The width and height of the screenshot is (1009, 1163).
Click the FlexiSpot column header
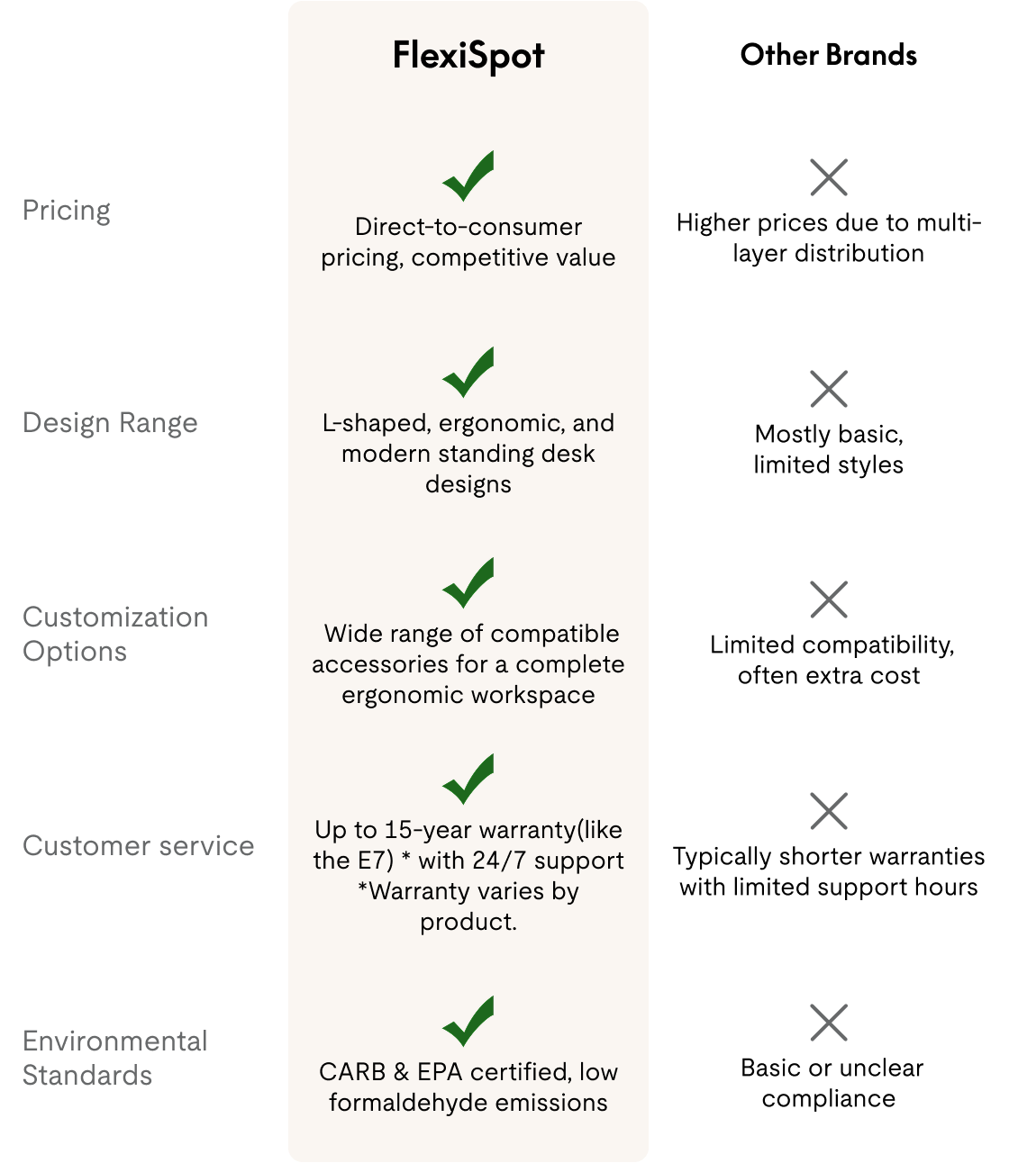[468, 56]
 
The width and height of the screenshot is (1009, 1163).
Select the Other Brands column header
[828, 55]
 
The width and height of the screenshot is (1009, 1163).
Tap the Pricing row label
[67, 211]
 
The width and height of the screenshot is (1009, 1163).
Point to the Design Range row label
[110, 422]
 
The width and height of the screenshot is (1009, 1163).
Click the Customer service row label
[139, 845]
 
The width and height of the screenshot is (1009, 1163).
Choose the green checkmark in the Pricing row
[468, 176]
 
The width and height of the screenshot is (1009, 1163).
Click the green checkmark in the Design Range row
[468, 373]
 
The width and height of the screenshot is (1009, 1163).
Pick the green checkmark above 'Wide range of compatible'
[468, 583]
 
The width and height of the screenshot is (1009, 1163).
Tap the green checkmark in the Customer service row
[468, 780]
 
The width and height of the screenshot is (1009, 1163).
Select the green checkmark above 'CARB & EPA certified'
[468, 1021]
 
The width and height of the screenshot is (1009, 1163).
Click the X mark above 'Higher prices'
[829, 177]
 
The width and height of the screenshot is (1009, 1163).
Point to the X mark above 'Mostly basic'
[829, 389]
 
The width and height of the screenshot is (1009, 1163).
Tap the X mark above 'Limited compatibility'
[829, 600]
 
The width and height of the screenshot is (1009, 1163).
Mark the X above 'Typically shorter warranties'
[829, 811]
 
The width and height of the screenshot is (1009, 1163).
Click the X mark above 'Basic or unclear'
[829, 1023]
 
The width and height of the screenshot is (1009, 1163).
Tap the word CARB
[352, 1072]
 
